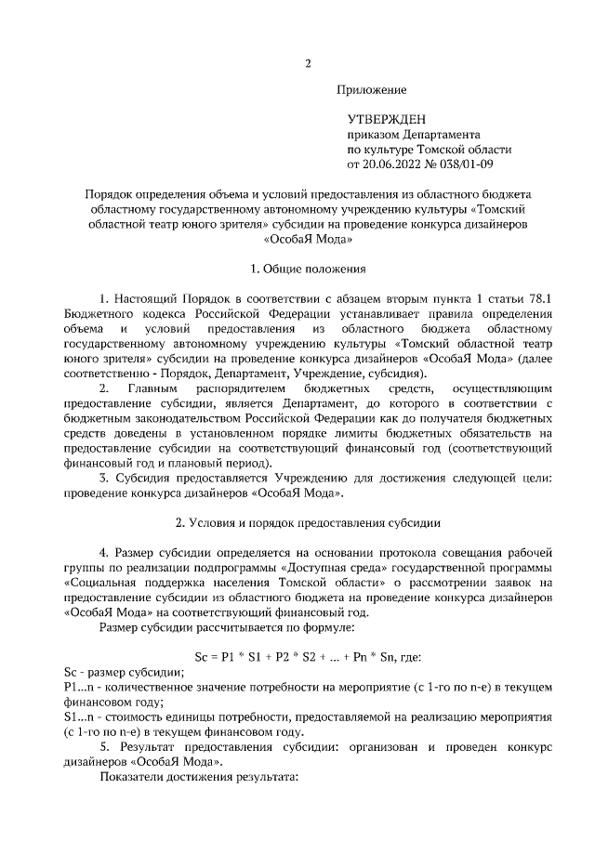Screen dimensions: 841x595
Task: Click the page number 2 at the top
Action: click(308, 64)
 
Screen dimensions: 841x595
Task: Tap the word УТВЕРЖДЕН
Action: click(387, 119)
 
